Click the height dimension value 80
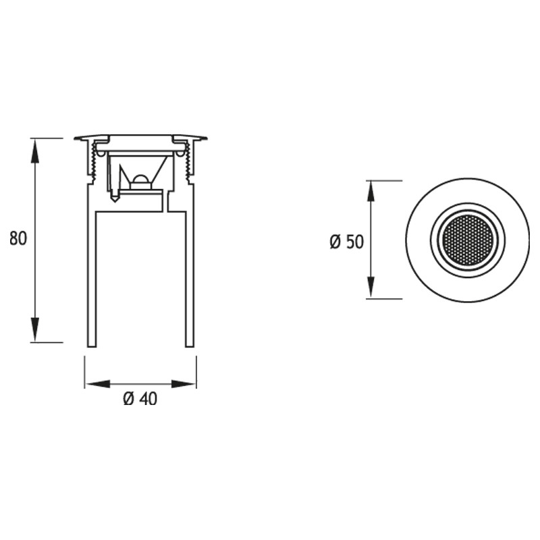click(x=18, y=239)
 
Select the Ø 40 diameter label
click(x=140, y=399)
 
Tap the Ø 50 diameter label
click(x=346, y=242)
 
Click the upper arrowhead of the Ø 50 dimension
click(x=371, y=193)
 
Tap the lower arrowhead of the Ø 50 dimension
click(x=371, y=286)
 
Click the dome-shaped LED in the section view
click(x=140, y=180)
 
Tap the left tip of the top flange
click(x=76, y=138)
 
